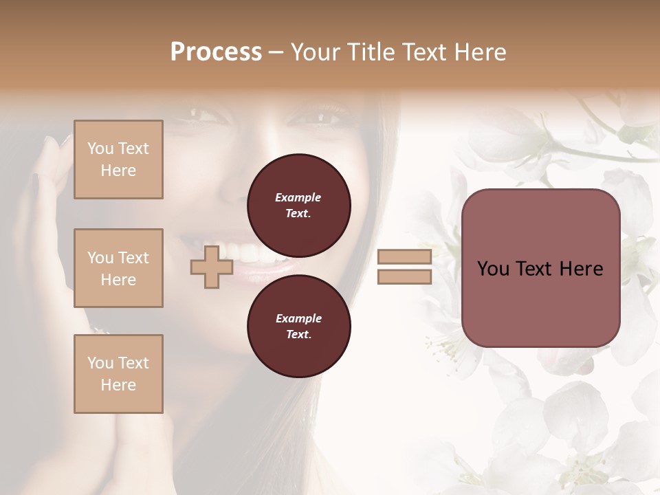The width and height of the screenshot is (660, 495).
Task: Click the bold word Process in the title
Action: click(x=216, y=52)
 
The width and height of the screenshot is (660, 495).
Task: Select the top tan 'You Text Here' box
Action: click(x=118, y=159)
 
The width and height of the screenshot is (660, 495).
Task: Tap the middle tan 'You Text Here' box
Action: click(x=118, y=268)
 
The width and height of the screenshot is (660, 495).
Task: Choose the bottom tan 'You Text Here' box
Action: click(x=118, y=374)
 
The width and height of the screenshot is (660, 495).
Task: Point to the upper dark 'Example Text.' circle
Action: click(x=298, y=205)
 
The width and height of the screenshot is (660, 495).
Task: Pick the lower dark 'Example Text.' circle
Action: click(x=298, y=326)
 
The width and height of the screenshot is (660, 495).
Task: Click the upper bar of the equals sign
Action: click(x=404, y=257)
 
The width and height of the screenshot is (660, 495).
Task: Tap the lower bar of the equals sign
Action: click(x=404, y=276)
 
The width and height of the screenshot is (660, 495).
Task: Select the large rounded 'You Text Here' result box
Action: click(x=540, y=268)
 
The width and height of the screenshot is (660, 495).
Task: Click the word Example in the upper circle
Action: click(x=298, y=197)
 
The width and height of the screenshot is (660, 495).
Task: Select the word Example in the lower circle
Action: click(x=298, y=318)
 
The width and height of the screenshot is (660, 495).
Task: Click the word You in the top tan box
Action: click(x=100, y=148)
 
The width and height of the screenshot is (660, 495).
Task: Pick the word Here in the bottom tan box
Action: click(x=118, y=385)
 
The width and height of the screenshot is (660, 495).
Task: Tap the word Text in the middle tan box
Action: click(x=133, y=258)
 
